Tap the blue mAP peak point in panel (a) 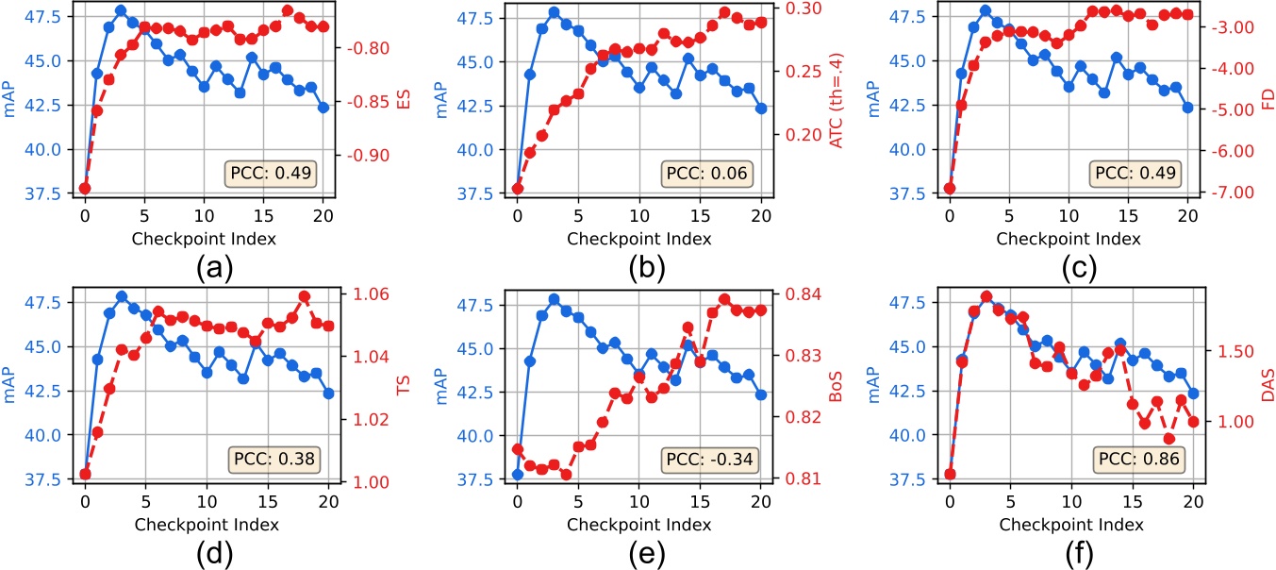[120, 10]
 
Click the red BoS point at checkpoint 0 [518, 449]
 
